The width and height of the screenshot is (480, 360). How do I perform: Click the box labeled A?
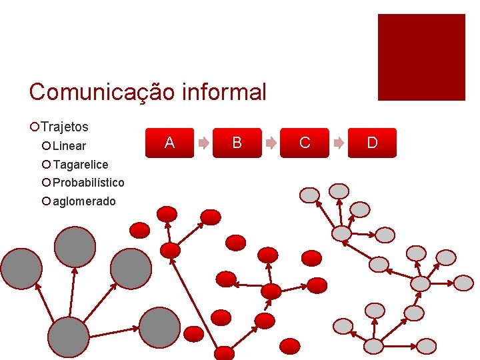pos(170,143)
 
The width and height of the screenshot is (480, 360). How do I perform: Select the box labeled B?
pos(237,143)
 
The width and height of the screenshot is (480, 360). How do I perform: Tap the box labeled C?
pos(305,143)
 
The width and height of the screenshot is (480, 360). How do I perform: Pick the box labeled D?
pos(372,143)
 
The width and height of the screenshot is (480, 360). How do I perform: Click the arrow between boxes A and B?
pos(203,143)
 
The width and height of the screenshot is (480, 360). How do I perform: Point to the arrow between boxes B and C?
pos(271,143)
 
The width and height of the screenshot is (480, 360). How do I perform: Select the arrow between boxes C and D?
pos(339,143)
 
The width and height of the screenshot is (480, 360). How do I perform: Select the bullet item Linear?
pos(69,146)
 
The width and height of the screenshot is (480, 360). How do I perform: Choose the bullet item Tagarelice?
pos(80,165)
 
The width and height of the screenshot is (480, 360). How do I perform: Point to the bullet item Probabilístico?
pos(88,183)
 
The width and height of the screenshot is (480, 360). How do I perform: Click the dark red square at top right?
pos(421,57)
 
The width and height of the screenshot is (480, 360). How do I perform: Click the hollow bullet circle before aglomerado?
pos(46,201)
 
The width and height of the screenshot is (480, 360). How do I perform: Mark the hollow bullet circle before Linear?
pos(46,146)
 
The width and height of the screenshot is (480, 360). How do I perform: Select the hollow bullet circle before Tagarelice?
pos(46,165)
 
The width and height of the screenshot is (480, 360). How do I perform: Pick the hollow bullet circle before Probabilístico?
pos(46,183)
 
